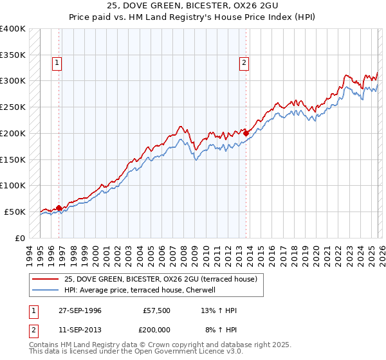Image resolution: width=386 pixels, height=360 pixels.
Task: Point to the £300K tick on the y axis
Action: click(13, 81)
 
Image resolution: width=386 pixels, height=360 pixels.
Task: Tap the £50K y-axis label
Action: click(15, 212)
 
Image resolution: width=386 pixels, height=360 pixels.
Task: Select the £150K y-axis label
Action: click(13, 159)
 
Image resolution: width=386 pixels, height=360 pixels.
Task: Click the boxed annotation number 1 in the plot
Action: click(58, 63)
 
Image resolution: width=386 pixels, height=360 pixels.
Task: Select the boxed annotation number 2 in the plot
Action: click(244, 63)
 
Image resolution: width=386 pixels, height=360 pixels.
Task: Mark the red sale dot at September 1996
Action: click(59, 208)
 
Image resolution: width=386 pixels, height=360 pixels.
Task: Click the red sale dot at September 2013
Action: click(246, 133)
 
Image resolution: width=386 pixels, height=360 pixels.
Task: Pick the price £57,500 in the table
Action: click(157, 310)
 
